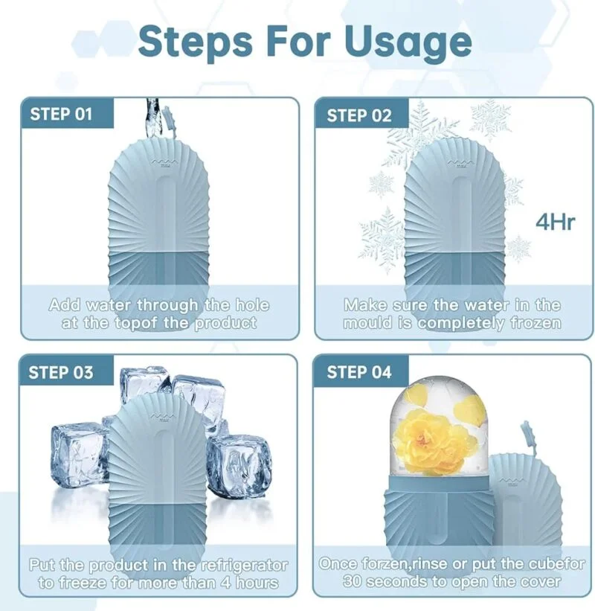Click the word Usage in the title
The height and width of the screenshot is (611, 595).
tap(408, 43)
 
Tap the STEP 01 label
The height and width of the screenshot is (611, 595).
tap(61, 114)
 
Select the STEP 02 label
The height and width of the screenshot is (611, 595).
tap(359, 116)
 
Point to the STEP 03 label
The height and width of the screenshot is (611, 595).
tap(61, 373)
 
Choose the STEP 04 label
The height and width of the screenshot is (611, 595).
tap(359, 372)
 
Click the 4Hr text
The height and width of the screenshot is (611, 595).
tap(556, 222)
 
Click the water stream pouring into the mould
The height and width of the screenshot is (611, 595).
tap(152, 118)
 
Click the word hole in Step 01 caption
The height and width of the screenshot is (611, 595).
tap(252, 305)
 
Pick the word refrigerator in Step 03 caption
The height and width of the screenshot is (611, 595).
tap(245, 566)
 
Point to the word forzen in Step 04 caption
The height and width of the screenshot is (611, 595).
tap(384, 564)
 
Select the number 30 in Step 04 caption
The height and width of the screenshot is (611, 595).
tap(353, 582)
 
